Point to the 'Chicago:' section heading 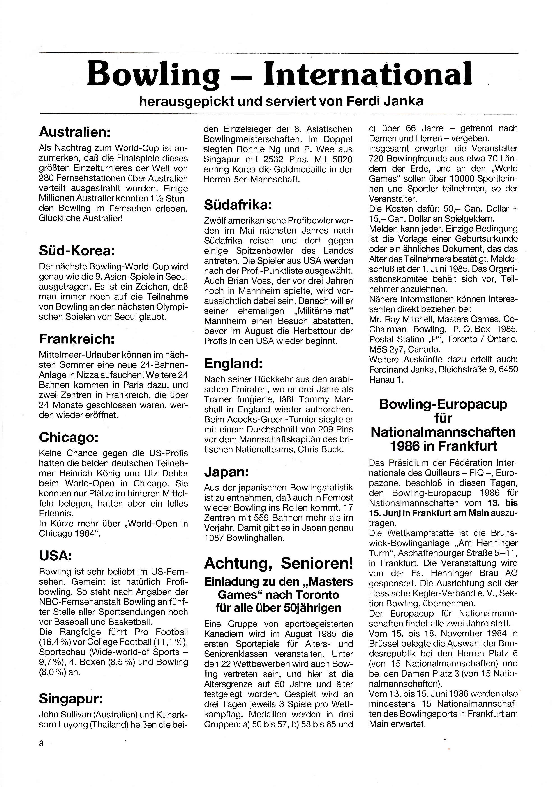[69, 437]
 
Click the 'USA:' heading [55, 556]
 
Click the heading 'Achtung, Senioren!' [278, 563]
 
